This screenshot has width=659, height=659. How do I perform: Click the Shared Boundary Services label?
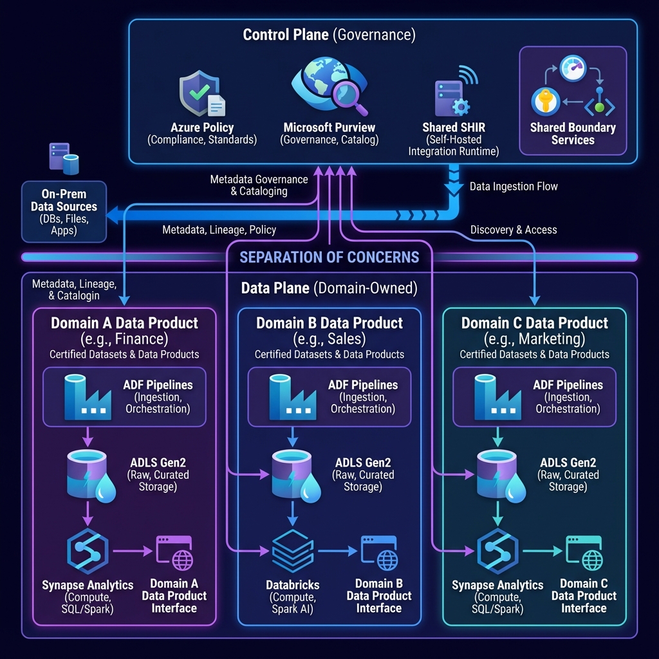pos(573,133)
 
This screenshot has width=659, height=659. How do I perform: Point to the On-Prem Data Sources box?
pos(64,212)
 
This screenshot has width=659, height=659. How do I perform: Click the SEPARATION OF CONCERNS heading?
pos(329,257)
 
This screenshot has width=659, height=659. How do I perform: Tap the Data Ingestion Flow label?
pos(514,187)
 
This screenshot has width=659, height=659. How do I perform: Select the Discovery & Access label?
pos(514,230)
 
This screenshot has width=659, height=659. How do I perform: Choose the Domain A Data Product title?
pos(125,323)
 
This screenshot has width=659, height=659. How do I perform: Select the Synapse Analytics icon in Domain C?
pos(497,551)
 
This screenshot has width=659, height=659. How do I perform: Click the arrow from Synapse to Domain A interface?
pos(133,551)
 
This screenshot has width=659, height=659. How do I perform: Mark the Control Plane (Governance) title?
pos(329,35)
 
